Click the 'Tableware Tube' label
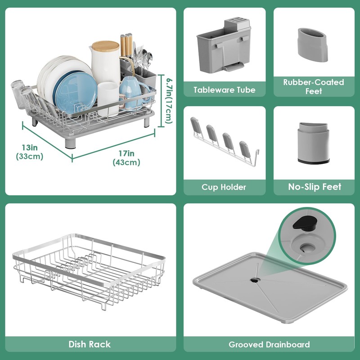point(224,90)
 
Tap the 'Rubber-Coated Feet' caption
point(314,86)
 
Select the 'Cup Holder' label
point(224,187)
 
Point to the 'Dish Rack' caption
point(90,344)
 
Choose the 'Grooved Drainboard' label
point(269,344)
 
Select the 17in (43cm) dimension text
point(126,159)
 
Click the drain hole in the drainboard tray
point(255,279)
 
